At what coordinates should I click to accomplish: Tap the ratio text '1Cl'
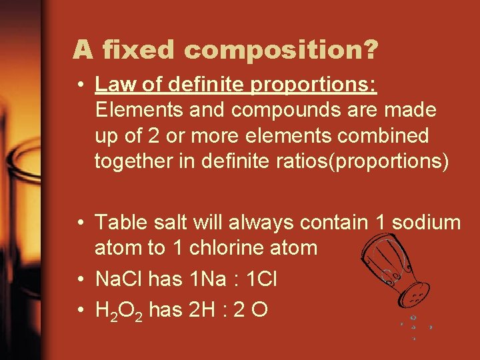coord(262,279)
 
